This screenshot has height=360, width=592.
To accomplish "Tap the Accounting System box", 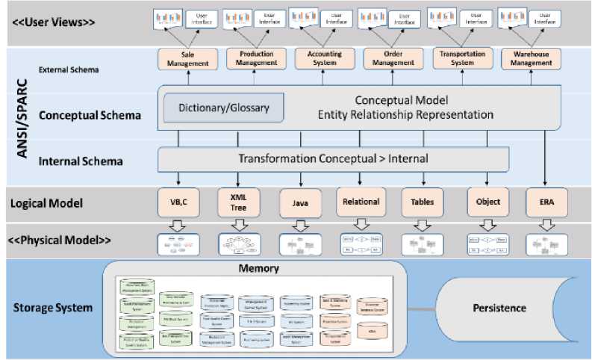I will pos(325,59).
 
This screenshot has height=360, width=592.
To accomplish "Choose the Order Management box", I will pos(393,59).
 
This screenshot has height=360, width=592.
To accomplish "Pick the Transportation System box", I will pos(463,59).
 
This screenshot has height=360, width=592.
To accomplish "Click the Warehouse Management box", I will pos(532,59).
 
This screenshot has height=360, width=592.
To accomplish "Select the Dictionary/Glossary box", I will pos(224,108).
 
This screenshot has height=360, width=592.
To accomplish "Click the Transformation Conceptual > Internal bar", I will pos(333,159).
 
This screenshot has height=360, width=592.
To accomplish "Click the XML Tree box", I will pos(238,202).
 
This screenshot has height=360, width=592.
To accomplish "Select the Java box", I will pos(300,202).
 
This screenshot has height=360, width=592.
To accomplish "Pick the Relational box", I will pos(361,202).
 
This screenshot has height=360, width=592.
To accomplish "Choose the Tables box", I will pos(423,202).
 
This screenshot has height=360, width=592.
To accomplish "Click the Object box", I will pos(487,202).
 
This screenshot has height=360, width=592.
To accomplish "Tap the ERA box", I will pos(548,202).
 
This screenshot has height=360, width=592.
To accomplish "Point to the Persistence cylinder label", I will pos(499,308).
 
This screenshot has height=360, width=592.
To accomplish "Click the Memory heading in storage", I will pos(258,268).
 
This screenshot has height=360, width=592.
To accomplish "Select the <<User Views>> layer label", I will pos(54,22).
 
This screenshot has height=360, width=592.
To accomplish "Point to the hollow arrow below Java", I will pos(300,225).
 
